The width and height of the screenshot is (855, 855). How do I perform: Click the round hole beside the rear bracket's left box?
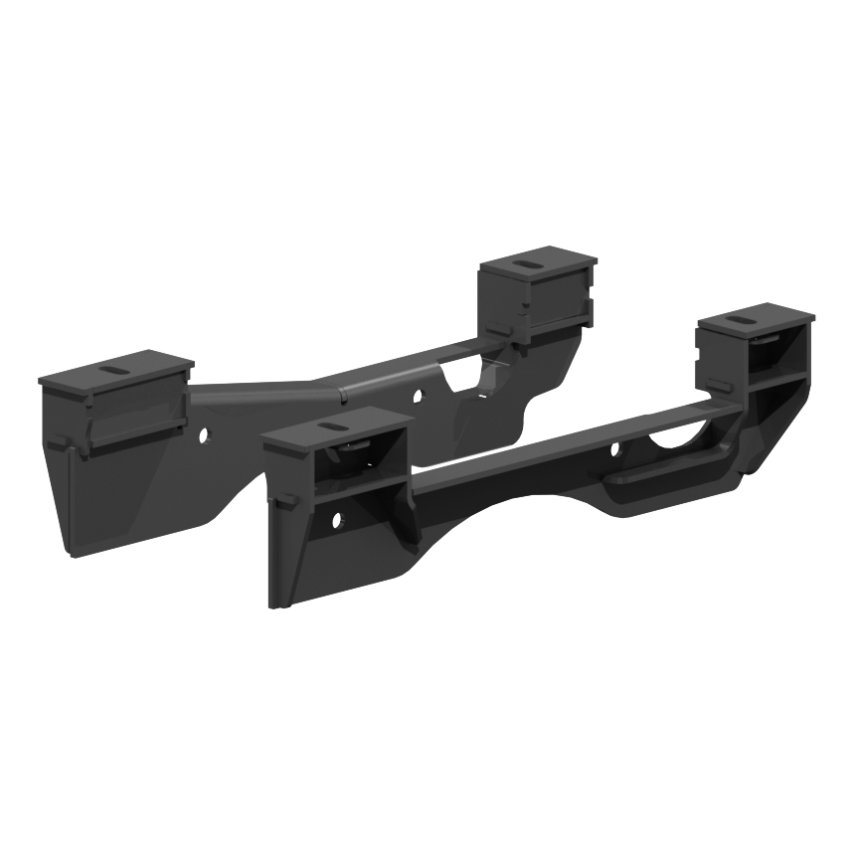pos(203,435)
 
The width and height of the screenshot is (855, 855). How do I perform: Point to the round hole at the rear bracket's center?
pos(417,396)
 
